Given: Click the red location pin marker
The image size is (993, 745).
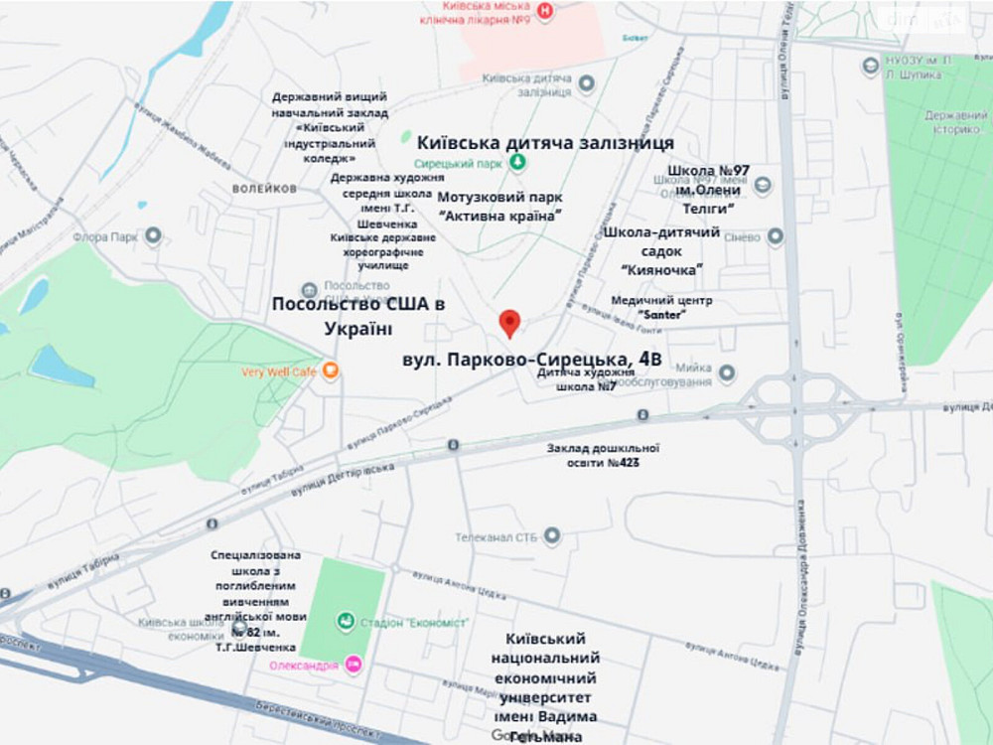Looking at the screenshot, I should (509, 322).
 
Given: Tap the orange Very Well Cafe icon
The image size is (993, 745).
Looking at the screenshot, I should (330, 372).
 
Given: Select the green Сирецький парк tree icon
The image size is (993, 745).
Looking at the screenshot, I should (516, 162).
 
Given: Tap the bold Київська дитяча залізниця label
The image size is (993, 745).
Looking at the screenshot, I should (545, 143).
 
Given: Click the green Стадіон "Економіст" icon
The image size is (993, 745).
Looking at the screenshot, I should (345, 621).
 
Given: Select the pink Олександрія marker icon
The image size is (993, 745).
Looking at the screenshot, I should (353, 665).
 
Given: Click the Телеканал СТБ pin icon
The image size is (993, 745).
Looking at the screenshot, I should (551, 536).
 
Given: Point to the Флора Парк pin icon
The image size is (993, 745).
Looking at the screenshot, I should (153, 236).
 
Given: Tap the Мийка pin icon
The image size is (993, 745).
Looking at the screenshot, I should (727, 372).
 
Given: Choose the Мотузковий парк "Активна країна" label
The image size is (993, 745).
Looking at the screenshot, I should (499, 206).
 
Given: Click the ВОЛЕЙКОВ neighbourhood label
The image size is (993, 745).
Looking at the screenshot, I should (265, 188).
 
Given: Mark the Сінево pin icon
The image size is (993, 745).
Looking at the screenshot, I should (776, 236).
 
